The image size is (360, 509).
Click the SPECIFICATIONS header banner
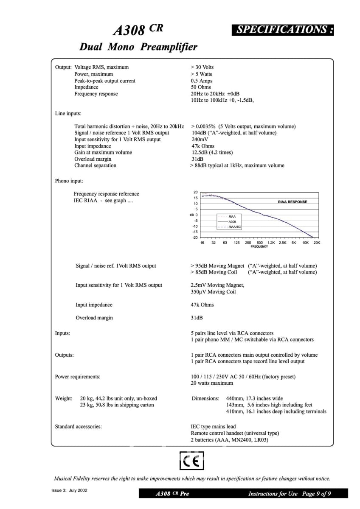(282, 30)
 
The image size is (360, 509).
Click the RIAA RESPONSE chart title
(292, 202)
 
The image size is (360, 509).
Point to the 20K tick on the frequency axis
(317, 243)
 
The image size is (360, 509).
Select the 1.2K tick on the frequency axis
(271, 243)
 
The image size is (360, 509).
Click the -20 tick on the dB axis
(195, 238)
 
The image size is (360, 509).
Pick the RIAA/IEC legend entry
(234, 227)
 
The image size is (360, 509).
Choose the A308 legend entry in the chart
(232, 222)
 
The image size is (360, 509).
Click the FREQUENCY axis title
(259, 246)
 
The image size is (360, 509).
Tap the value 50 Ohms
(201, 87)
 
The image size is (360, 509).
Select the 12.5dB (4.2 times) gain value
(212, 153)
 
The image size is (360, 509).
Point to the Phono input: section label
(69, 181)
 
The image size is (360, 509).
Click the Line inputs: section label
(68, 114)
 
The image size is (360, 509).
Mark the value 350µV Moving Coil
(213, 292)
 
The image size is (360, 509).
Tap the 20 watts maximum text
(212, 383)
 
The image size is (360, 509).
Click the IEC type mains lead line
(213, 427)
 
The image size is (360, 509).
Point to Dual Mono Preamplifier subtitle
(138, 47)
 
